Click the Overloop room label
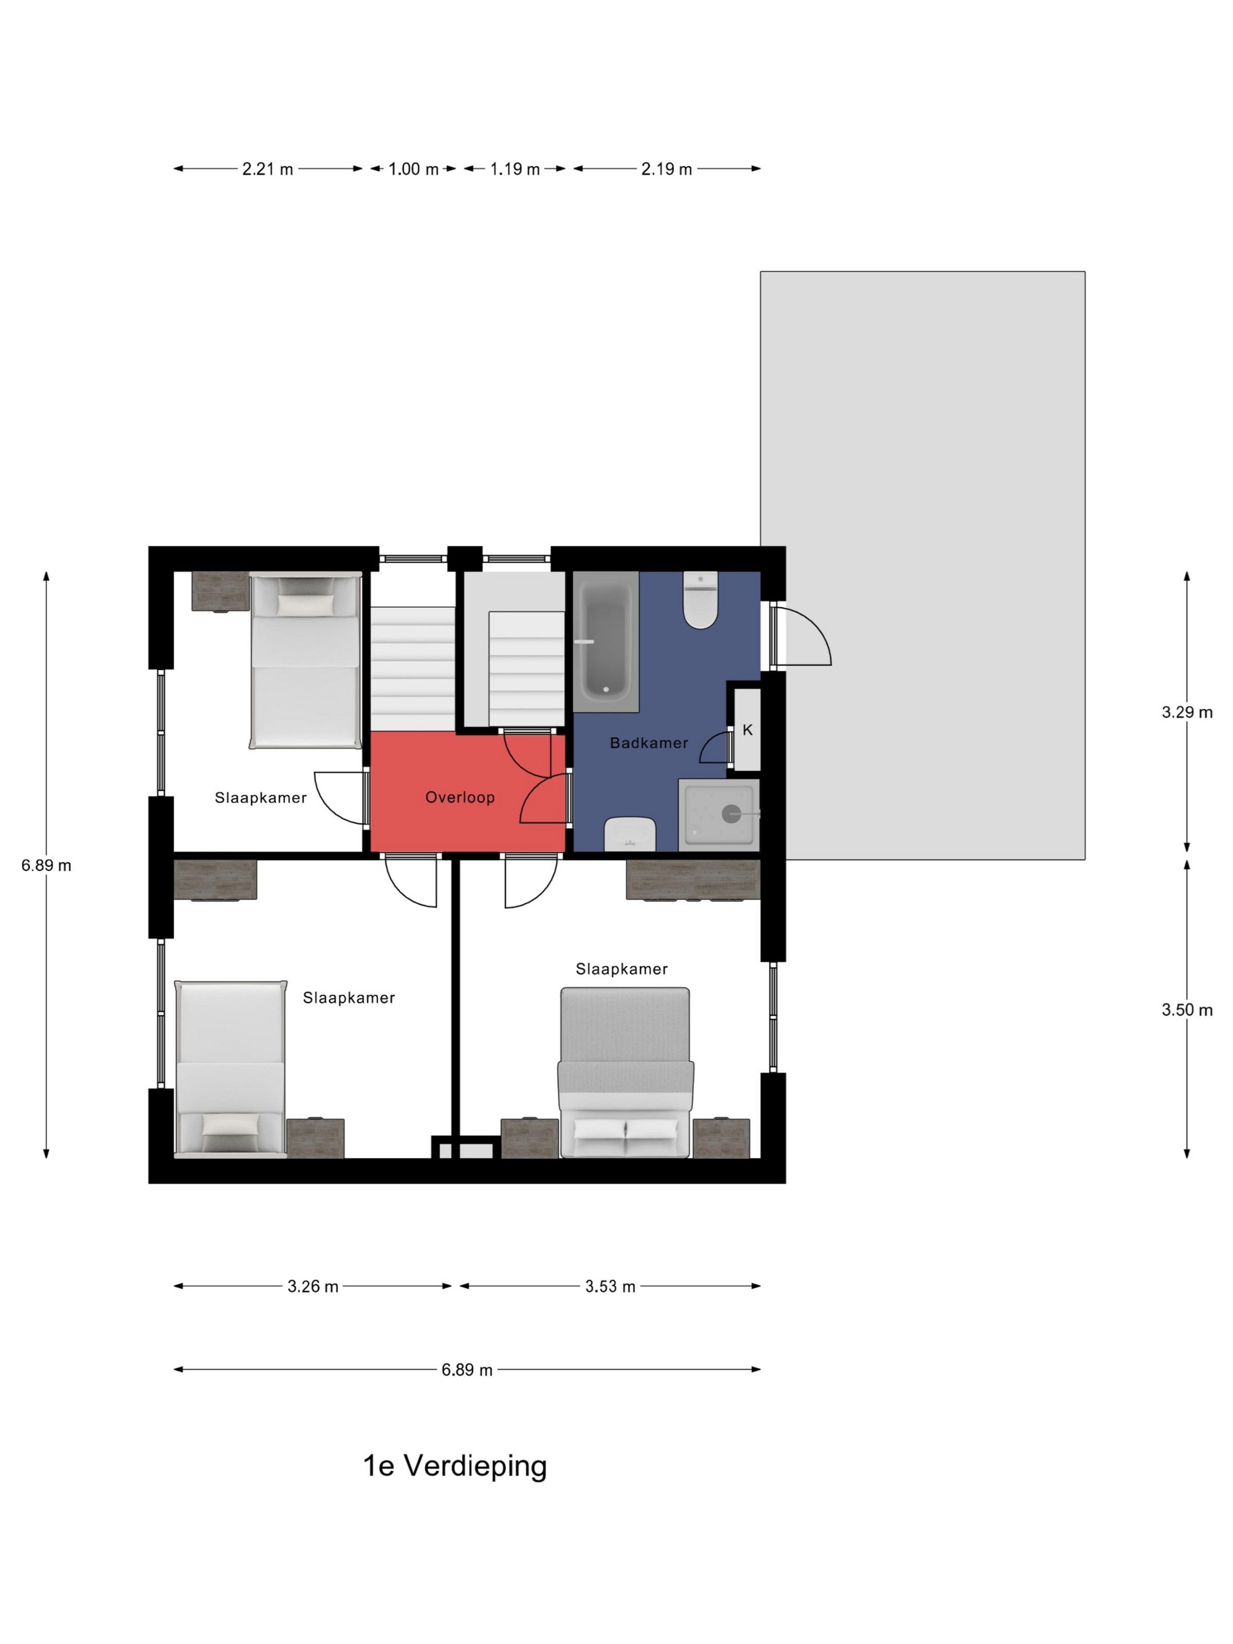(460, 797)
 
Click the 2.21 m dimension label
(268, 170)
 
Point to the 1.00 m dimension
(413, 170)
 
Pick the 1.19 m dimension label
(514, 170)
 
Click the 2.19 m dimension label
(667, 170)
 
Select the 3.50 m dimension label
(1187, 1010)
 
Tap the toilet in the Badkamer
(700, 600)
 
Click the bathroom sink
(630, 834)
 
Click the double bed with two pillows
(626, 1073)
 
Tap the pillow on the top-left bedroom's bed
(305, 605)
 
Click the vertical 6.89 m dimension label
(46, 865)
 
